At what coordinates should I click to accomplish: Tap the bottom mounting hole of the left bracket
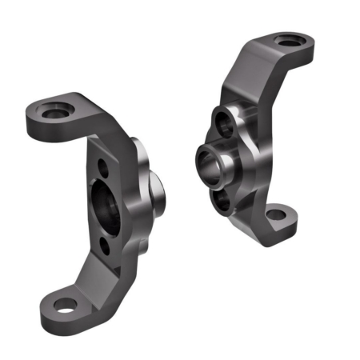point(63,304)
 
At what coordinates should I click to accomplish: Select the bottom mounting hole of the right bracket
point(275,214)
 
